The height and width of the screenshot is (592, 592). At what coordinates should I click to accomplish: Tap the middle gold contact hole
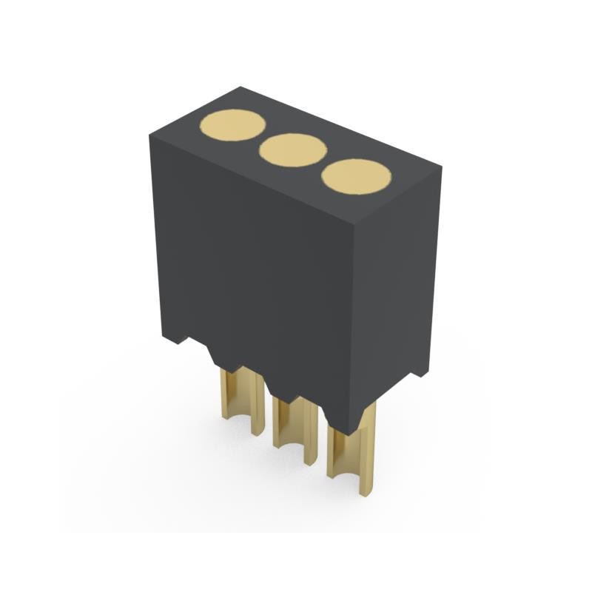click(293, 150)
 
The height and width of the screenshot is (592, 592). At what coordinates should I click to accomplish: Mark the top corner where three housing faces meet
click(357, 223)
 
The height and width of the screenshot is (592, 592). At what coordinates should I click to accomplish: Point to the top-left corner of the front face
click(150, 135)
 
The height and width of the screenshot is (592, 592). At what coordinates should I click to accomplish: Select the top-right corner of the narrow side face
click(441, 168)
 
